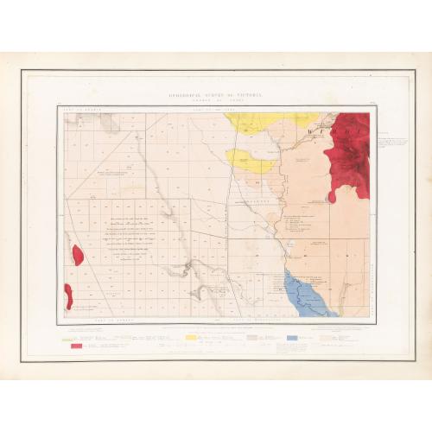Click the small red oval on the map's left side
[x=78, y=255]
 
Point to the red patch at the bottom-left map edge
[x=67, y=295]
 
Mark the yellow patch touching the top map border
[x=259, y=122]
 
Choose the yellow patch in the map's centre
[x=250, y=159]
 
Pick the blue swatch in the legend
[x=293, y=336]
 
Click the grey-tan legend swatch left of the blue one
[x=253, y=336]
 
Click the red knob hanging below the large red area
[x=333, y=197]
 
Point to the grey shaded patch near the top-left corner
[x=109, y=122]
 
